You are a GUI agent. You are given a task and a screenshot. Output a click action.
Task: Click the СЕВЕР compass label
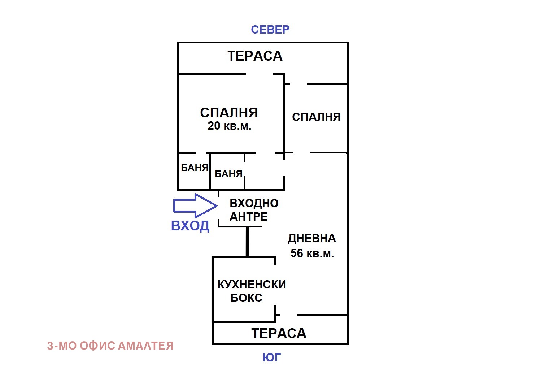[270, 30]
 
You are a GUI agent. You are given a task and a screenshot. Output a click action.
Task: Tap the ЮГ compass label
[271, 357]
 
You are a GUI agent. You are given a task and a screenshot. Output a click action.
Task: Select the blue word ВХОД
[190, 226]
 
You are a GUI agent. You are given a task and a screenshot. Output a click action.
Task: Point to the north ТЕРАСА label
[255, 56]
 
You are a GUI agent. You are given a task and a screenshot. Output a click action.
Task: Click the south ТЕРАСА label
[279, 333]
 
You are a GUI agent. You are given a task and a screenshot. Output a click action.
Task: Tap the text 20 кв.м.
[229, 126]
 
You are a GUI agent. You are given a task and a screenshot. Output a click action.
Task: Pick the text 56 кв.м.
[312, 253]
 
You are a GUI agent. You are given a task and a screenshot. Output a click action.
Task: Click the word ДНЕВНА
[312, 239]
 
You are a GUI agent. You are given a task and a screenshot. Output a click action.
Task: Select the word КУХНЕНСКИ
[252, 285]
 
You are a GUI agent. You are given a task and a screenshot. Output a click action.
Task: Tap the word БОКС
[247, 298]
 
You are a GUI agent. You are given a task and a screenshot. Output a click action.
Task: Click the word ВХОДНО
[254, 203]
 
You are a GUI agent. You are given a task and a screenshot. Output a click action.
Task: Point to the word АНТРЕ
[249, 217]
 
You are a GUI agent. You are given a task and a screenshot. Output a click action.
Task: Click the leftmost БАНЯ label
[195, 168]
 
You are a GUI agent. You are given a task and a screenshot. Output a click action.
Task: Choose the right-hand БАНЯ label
[228, 174]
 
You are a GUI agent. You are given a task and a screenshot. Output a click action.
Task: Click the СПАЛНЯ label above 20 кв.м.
[229, 113]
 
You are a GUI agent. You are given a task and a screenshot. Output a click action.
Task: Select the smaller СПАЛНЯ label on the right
[316, 117]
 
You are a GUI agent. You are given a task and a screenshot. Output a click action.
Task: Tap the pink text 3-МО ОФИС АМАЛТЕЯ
[110, 346]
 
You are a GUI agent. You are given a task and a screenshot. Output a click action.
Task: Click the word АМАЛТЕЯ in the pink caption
[146, 346]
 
